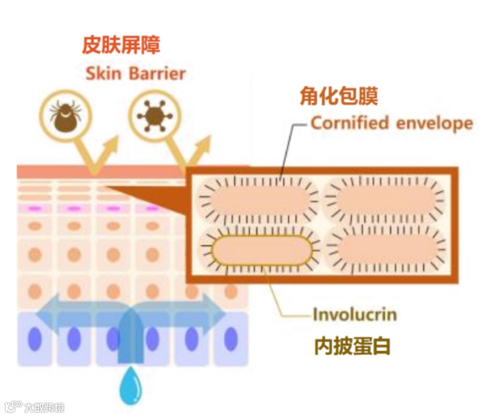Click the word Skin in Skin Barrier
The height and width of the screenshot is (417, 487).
pos(103,73)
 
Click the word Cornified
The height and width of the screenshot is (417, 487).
pos(350,123)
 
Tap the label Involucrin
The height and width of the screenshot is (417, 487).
pos(355,315)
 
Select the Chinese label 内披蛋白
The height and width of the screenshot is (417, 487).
pos(352,346)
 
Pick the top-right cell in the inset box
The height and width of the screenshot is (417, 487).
pos(384,198)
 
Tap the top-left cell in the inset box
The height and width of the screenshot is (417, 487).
pos(260,198)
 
